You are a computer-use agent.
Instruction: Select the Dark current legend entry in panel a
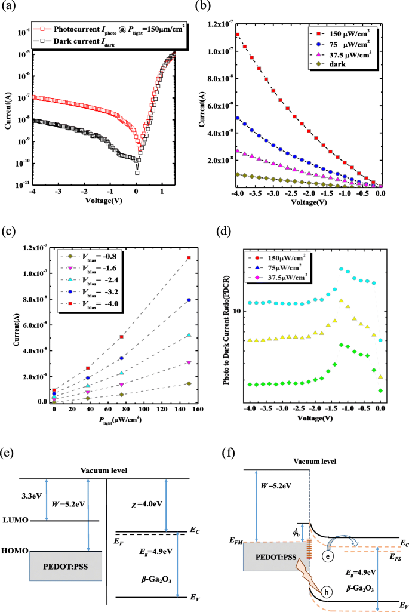click(90, 39)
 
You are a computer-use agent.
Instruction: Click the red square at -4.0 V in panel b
click(238, 35)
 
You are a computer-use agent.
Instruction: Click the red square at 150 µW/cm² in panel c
click(189, 257)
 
